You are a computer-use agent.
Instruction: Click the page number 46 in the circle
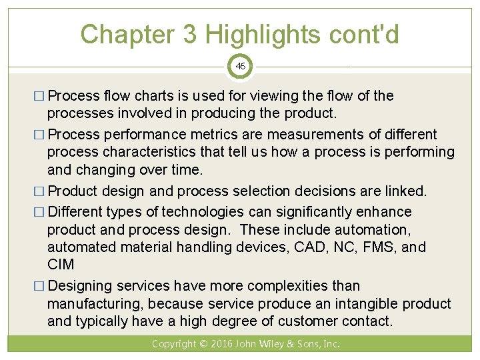point(240,66)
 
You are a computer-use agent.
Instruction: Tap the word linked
point(405,191)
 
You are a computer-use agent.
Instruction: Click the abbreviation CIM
point(61,265)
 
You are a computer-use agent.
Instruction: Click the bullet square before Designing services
point(41,287)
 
